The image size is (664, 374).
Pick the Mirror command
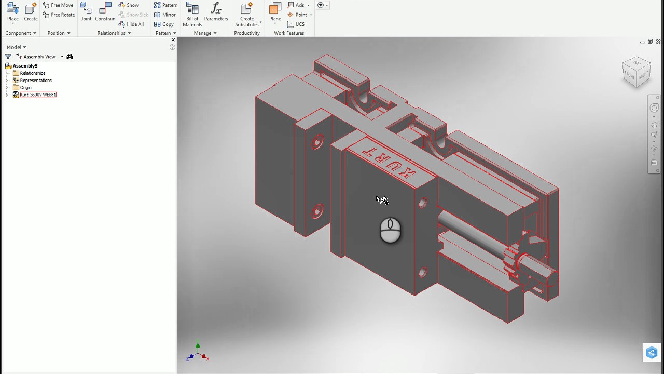click(165, 15)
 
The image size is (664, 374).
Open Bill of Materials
click(192, 14)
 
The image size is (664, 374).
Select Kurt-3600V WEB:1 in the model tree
click(38, 95)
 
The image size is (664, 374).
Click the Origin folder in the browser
click(25, 88)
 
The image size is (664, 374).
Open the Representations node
click(35, 81)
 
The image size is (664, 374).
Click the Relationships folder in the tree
click(32, 73)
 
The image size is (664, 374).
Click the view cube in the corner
click(637, 72)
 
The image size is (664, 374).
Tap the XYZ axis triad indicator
click(198, 353)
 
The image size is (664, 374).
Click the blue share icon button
click(652, 353)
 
